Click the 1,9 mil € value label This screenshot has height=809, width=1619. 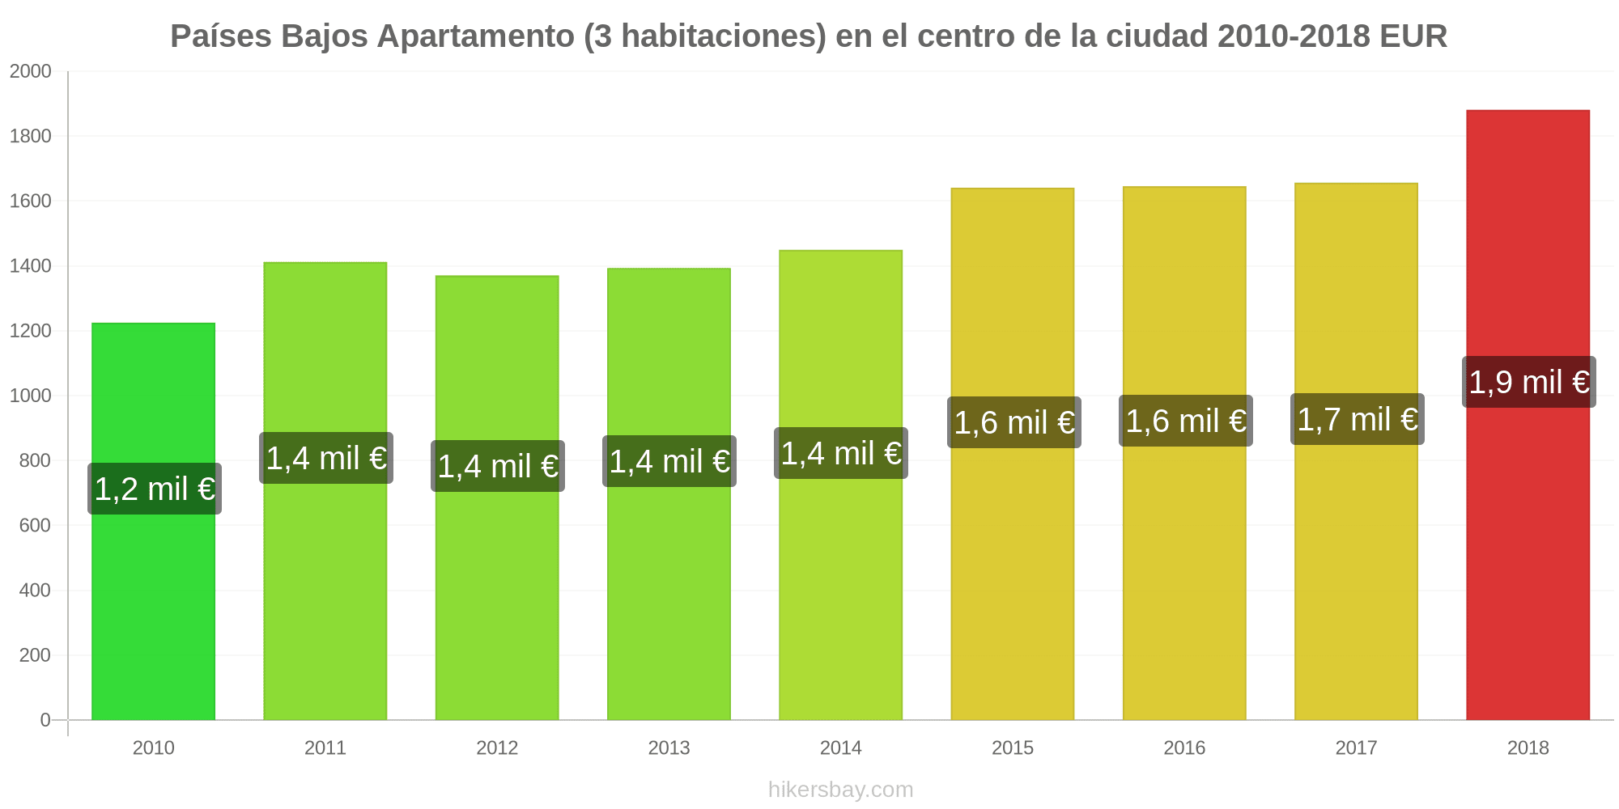tap(1528, 382)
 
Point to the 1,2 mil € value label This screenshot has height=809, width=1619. tap(154, 489)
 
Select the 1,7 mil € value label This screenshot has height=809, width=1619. tap(1357, 419)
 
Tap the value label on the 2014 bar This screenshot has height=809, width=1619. tap(840, 453)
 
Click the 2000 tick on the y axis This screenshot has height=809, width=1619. tap(31, 72)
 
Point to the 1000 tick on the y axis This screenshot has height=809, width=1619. tap(31, 396)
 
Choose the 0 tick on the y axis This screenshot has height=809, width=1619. tap(45, 720)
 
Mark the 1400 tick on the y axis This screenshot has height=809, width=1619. tap(31, 266)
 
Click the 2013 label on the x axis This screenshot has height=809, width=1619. tap(669, 748)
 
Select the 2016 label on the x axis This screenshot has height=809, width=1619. tap(1184, 748)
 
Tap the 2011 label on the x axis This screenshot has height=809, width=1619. tap(325, 748)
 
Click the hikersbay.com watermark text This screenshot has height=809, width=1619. tap(840, 790)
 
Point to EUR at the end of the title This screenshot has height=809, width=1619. tap(1413, 37)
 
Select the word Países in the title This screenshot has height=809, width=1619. tap(221, 37)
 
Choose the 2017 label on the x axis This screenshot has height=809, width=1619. tap(1356, 748)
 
